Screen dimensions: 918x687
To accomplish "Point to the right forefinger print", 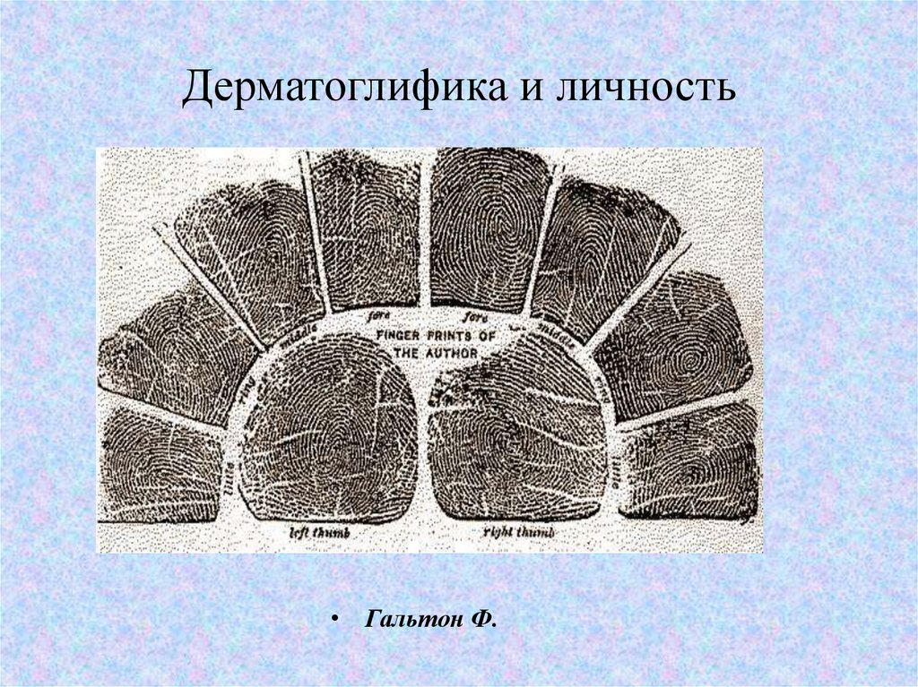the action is pyautogui.click(x=488, y=229).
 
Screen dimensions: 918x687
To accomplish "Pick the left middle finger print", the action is pyautogui.click(x=247, y=255).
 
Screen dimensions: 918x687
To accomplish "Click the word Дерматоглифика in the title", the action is pyautogui.click(x=340, y=90).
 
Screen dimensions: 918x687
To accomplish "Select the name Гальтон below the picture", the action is pyautogui.click(x=407, y=619).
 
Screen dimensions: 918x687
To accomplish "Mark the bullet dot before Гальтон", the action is pyautogui.click(x=335, y=620).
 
